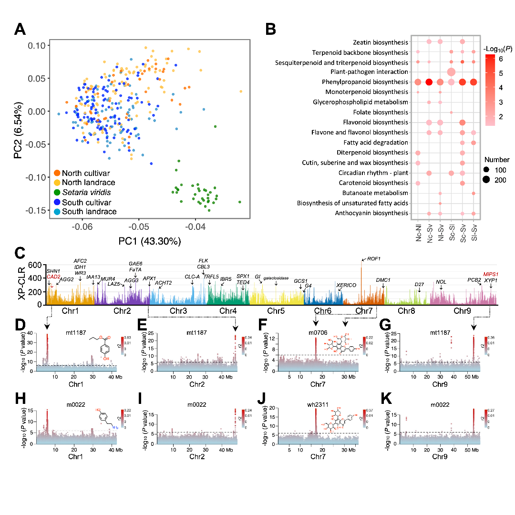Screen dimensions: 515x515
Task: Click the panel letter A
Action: pos(20,30)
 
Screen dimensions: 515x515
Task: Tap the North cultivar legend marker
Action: pos(57,173)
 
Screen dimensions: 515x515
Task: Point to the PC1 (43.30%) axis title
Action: pos(149,241)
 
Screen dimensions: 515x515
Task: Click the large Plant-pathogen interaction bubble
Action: pos(451,72)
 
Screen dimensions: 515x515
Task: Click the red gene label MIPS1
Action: pos(490,274)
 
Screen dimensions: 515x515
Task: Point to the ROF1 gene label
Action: pos(374,259)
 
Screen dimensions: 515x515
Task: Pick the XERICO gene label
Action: pos(346,285)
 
